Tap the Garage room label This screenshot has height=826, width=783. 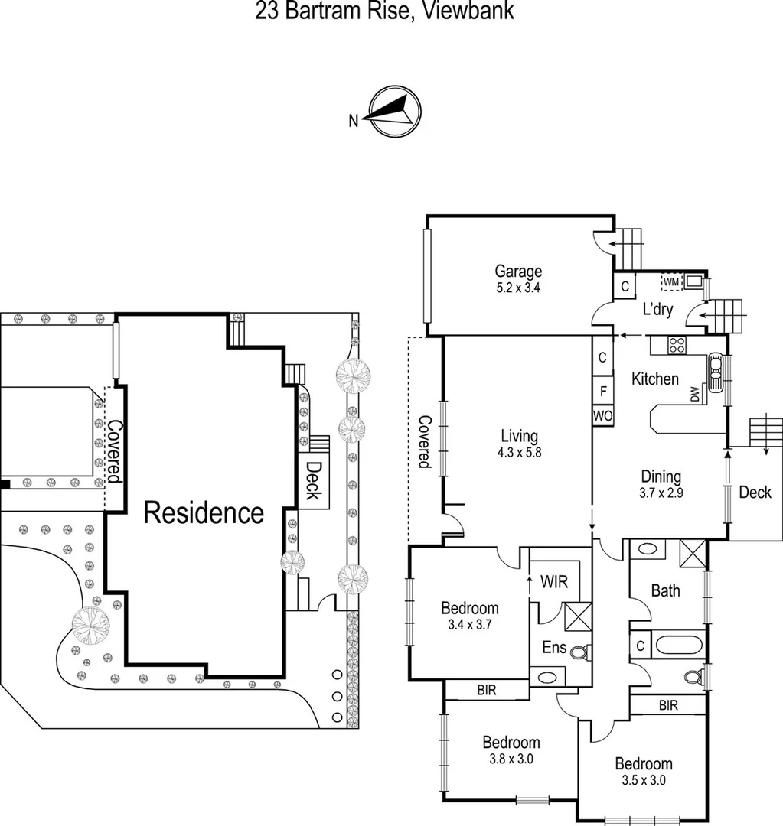tap(518, 272)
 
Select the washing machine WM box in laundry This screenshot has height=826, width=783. tap(671, 282)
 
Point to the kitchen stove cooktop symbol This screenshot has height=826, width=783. tap(677, 345)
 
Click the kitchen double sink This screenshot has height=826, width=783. tap(715, 372)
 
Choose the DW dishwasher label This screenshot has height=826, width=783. tap(695, 395)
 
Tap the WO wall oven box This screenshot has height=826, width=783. tap(602, 415)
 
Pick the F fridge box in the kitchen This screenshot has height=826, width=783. tap(602, 390)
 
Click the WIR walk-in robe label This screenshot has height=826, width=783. tap(554, 582)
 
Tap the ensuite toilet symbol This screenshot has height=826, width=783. tap(579, 652)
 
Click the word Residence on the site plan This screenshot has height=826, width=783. tap(204, 512)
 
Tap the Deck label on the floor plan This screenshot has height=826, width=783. tap(755, 493)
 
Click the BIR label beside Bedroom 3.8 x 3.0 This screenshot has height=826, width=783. tap(486, 690)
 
